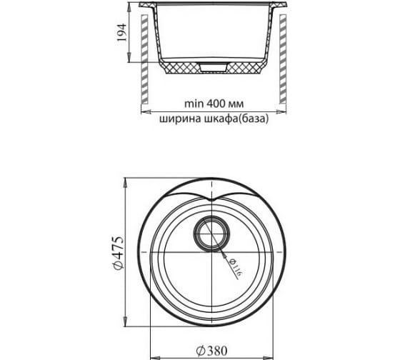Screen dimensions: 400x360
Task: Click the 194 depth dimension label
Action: click(x=122, y=32)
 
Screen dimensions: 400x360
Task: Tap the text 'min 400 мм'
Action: click(x=214, y=104)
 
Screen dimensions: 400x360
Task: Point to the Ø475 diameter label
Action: click(x=118, y=253)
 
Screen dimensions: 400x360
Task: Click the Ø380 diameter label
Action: click(x=211, y=351)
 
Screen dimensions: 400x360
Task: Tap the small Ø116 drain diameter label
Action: click(x=235, y=269)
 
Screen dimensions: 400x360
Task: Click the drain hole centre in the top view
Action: click(x=211, y=234)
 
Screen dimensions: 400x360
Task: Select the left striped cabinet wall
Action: click(x=144, y=59)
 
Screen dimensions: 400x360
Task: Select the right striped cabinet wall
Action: click(x=283, y=59)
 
